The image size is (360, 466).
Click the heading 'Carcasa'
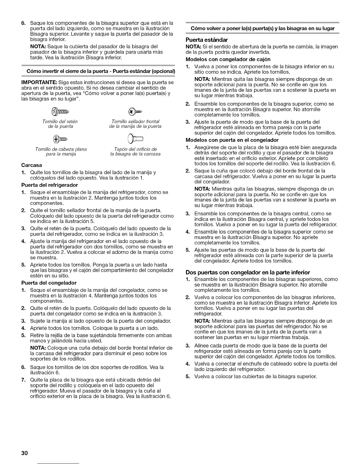[x=31, y=165]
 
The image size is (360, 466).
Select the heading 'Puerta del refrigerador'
[x=49, y=185]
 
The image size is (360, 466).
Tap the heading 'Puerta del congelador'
[x=49, y=283]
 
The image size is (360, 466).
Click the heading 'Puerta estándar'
[x=207, y=40]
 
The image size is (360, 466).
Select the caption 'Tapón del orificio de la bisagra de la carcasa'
[x=135, y=152]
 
